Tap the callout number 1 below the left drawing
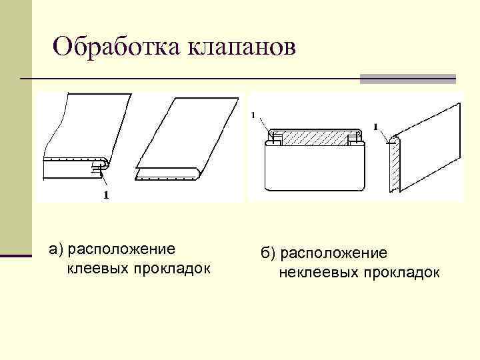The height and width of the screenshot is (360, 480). click(106, 195)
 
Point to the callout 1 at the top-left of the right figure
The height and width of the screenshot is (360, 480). click(253, 115)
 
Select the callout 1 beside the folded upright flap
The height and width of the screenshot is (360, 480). click(376, 127)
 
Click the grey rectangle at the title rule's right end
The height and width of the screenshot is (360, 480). click(407, 79)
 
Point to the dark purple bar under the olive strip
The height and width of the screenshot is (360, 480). click(15, 255)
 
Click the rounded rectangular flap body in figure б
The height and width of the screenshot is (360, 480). click(315, 167)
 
